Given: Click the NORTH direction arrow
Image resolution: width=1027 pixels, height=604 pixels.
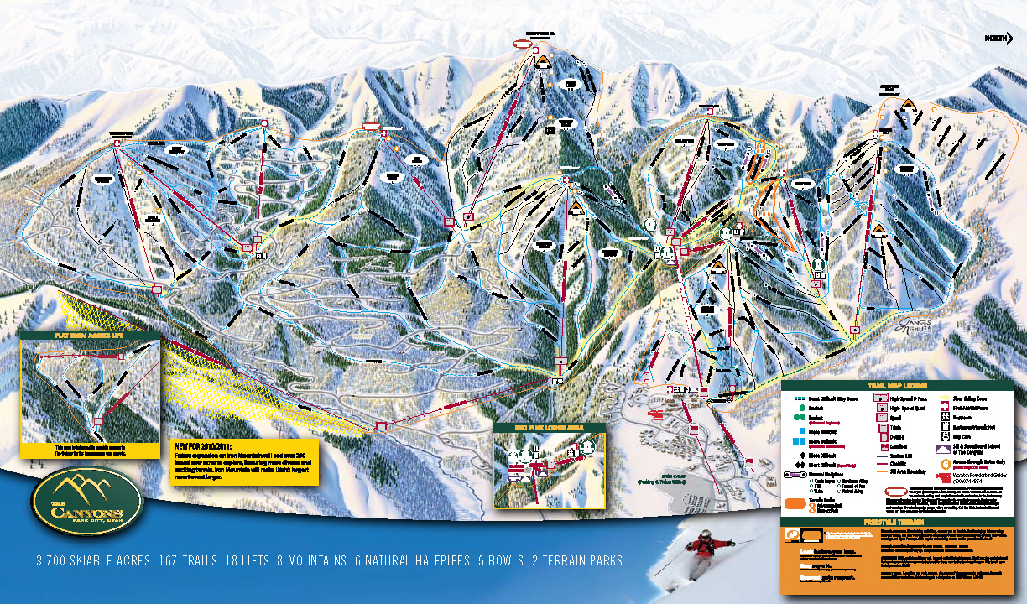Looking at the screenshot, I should coord(998,38).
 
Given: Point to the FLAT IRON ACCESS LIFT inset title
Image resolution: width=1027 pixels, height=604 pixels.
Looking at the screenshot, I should coord(89,335).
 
